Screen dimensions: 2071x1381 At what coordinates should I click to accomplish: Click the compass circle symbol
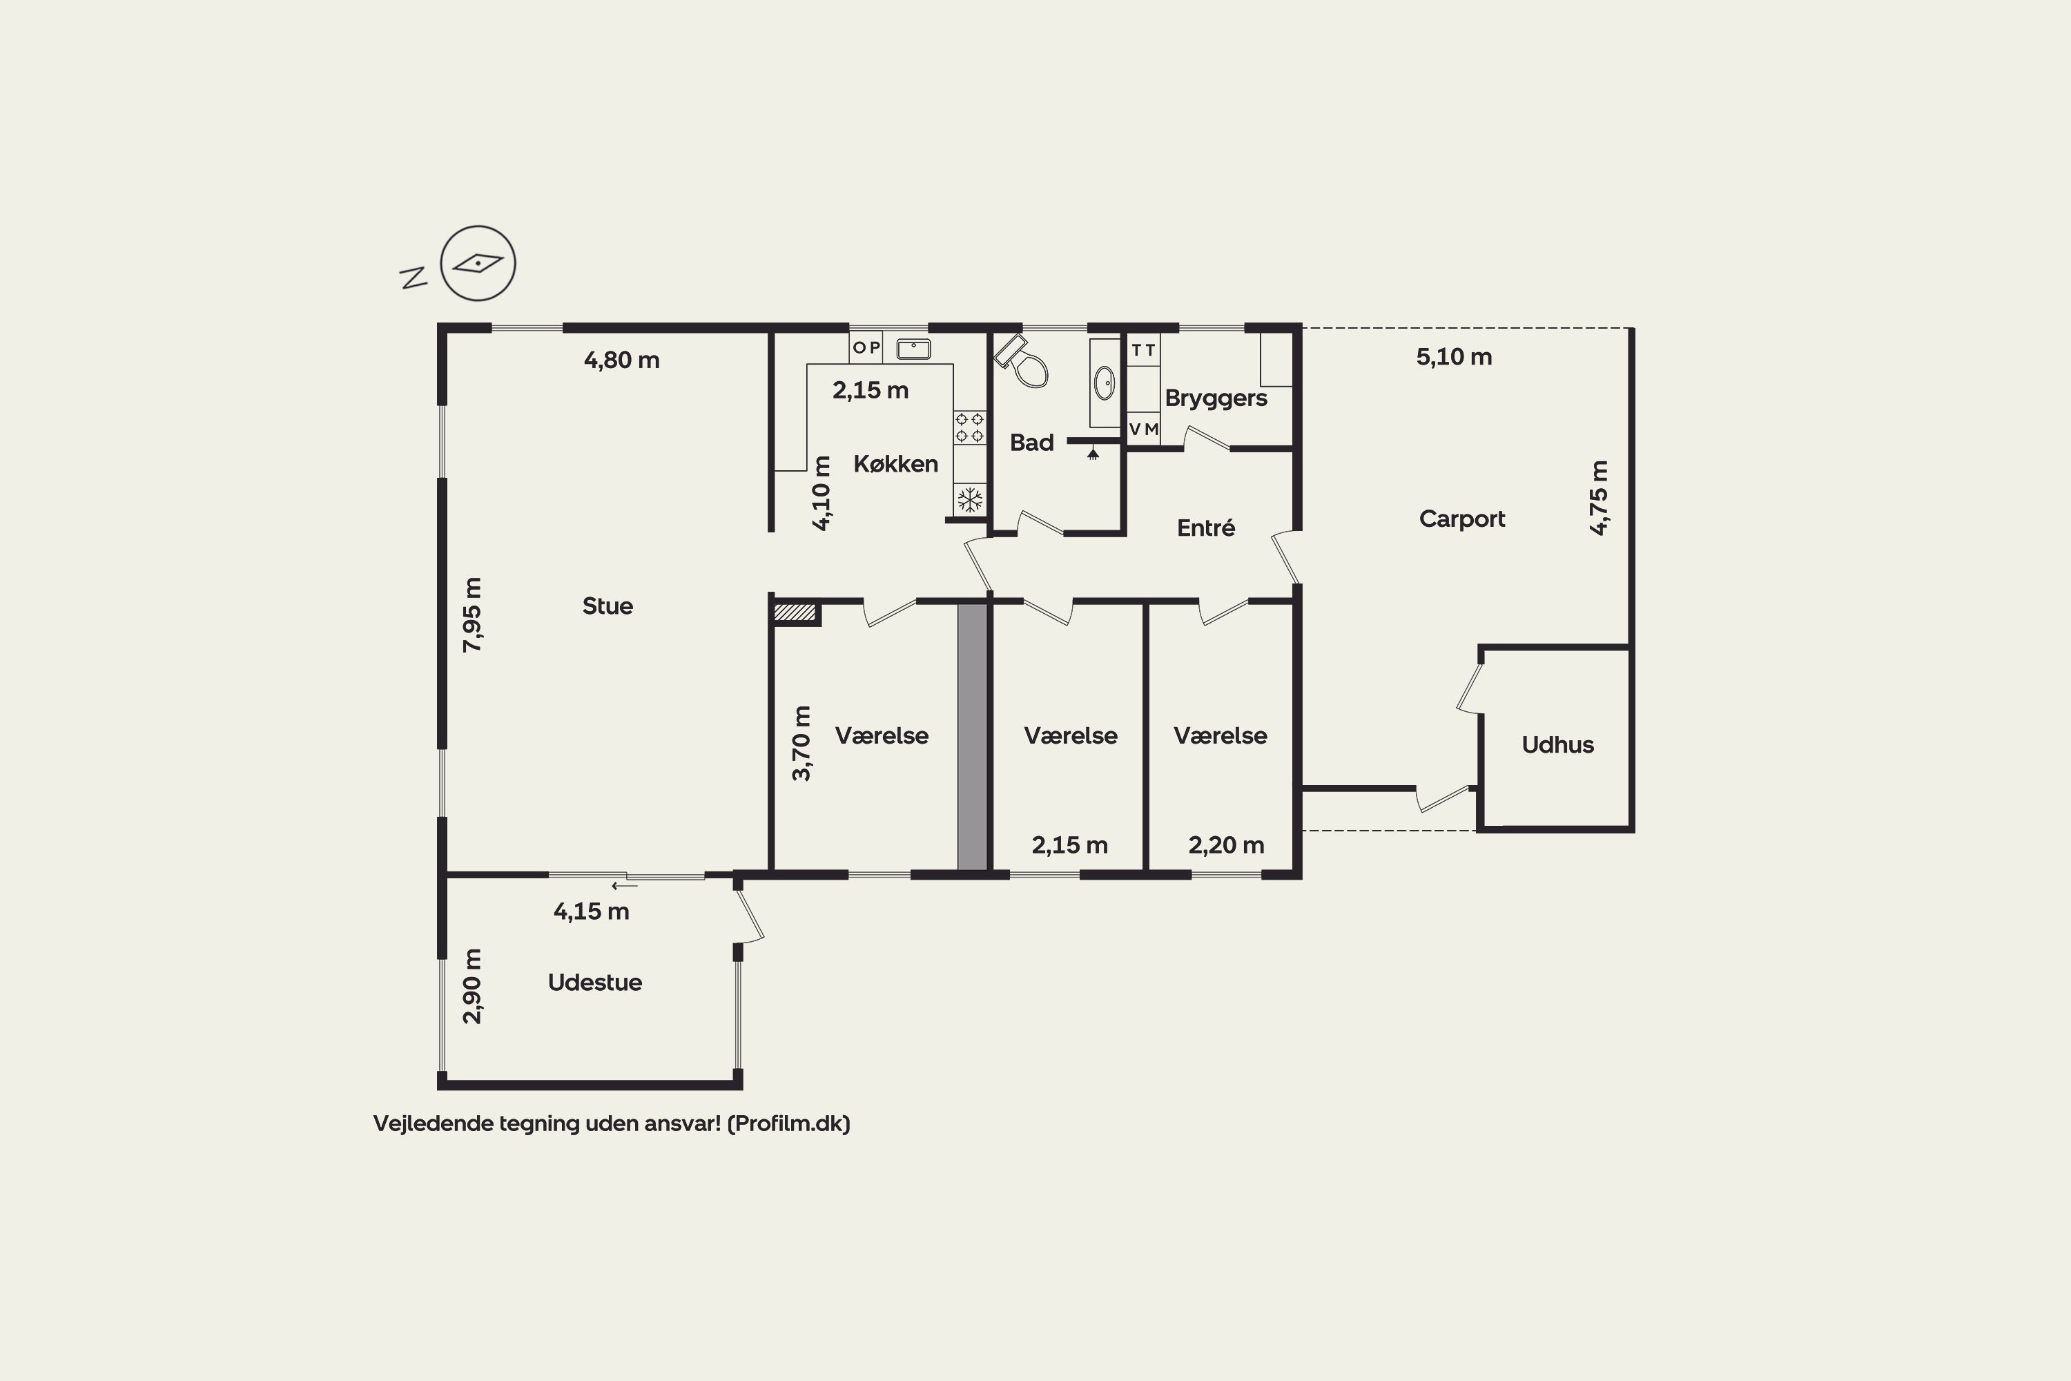[478, 263]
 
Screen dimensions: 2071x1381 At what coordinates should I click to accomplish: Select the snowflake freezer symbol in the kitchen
[969, 500]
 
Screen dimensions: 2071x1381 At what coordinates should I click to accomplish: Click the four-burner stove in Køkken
[969, 427]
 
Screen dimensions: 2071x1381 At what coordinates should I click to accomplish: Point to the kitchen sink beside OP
[913, 349]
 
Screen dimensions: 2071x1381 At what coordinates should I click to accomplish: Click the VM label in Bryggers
[1144, 429]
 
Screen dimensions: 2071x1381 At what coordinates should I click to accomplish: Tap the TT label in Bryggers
[1143, 351]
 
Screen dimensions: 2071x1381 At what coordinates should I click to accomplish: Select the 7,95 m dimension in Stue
[473, 615]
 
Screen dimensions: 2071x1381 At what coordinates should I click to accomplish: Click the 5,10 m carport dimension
[1454, 357]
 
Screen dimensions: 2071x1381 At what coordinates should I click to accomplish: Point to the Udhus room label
[1557, 745]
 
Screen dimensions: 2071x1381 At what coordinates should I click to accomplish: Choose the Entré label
[1205, 528]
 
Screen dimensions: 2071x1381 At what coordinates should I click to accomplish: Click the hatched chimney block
[795, 612]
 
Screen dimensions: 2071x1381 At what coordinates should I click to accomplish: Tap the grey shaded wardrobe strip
[972, 736]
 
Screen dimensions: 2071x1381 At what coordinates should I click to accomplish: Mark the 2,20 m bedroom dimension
[1227, 845]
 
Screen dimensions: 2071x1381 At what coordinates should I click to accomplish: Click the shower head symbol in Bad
[1093, 454]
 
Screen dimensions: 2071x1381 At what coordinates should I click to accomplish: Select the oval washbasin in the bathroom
[1104, 383]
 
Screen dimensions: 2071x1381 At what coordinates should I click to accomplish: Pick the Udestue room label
[594, 983]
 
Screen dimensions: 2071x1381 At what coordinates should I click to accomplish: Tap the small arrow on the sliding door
[624, 886]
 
